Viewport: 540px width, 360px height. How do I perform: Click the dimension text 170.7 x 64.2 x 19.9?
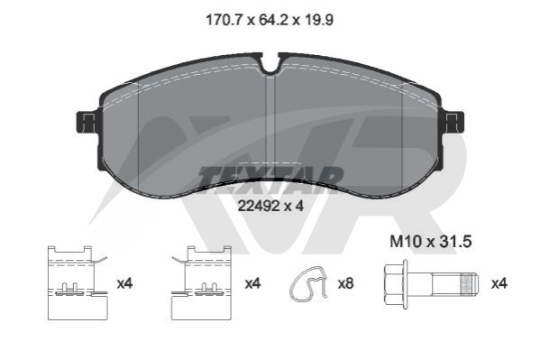(x=270, y=20)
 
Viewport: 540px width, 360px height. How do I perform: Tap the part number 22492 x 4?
(x=270, y=207)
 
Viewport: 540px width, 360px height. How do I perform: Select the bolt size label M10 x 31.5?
(x=431, y=242)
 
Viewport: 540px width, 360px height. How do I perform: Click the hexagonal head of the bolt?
(x=396, y=284)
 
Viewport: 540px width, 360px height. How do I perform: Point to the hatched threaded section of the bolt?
(x=466, y=284)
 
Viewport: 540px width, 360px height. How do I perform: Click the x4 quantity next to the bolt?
(x=499, y=284)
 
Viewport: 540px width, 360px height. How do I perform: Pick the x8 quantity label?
(x=345, y=284)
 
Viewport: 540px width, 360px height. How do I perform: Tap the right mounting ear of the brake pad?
(x=453, y=122)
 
